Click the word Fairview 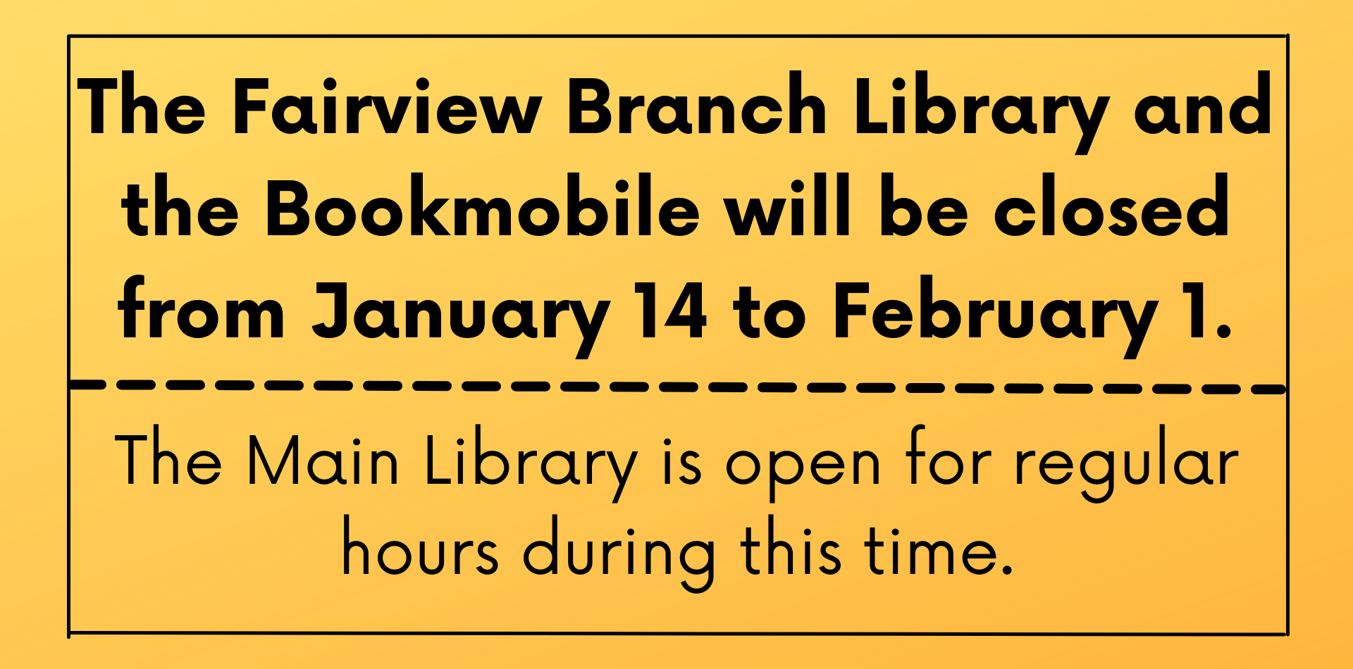click(x=387, y=106)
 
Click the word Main click(x=323, y=461)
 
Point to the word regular click(x=1126, y=465)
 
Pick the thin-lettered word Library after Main click(x=531, y=465)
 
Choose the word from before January click(x=202, y=307)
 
